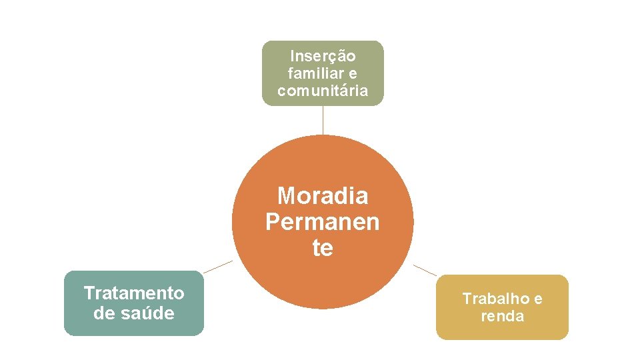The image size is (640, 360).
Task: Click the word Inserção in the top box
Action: tap(323, 56)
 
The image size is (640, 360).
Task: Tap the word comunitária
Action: tap(323, 91)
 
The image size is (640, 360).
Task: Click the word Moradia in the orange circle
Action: tap(323, 196)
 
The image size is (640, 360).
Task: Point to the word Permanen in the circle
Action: tap(323, 221)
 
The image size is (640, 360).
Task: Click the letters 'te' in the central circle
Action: tap(323, 248)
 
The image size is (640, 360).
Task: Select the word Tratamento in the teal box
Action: tap(134, 293)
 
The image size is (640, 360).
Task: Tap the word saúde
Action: tap(146, 313)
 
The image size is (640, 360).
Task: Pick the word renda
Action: tap(503, 316)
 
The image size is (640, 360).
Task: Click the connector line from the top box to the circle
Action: tap(323, 120)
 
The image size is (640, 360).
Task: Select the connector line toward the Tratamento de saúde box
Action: tap(218, 267)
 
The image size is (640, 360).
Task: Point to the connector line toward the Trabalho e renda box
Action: tap(425, 270)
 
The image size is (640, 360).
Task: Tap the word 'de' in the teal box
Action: tap(105, 313)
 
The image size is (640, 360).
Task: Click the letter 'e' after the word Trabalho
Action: tap(537, 299)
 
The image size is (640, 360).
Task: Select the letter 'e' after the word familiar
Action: tap(353, 73)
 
